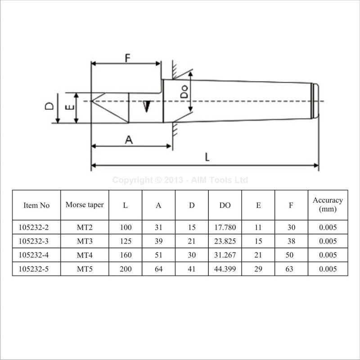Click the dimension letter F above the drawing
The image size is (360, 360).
[127, 58]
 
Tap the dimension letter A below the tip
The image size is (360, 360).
[129, 139]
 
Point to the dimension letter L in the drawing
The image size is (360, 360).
[207, 157]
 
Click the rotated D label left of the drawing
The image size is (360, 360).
[49, 106]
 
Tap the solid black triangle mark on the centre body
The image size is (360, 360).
[147, 107]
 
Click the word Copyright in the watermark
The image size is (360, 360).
[132, 180]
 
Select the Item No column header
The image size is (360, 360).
[36, 205]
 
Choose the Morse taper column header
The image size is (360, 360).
[85, 205]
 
